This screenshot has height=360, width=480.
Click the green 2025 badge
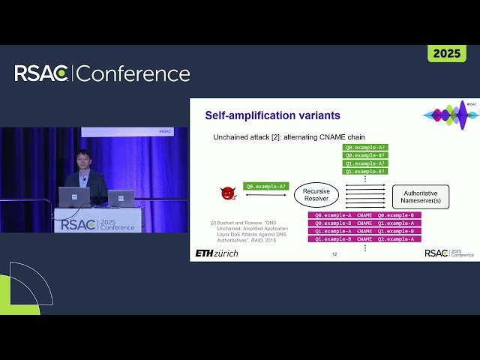[x=446, y=54]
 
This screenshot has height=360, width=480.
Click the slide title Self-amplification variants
[x=272, y=115]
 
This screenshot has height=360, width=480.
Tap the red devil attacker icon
[x=227, y=193]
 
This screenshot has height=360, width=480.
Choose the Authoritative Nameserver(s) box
[x=420, y=196]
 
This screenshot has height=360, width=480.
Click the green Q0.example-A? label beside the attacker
[x=265, y=186]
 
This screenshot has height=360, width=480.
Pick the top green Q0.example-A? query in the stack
[x=365, y=148]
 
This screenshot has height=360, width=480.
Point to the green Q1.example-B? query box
[x=365, y=171]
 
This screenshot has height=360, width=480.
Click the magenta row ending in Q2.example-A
[x=364, y=238]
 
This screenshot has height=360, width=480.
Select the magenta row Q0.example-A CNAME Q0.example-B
[x=364, y=215]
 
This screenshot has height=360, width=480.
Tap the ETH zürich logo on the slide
[x=217, y=253]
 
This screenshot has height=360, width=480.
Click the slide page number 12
[x=334, y=255]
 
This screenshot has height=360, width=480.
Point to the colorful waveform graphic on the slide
[x=451, y=114]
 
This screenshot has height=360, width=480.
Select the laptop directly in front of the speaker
[x=74, y=197]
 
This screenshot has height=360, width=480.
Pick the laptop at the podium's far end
[x=121, y=198]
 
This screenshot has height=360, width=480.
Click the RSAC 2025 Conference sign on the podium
[x=97, y=222]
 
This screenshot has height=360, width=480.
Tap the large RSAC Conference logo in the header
[x=102, y=73]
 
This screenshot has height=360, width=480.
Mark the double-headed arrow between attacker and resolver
[x=265, y=195]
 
